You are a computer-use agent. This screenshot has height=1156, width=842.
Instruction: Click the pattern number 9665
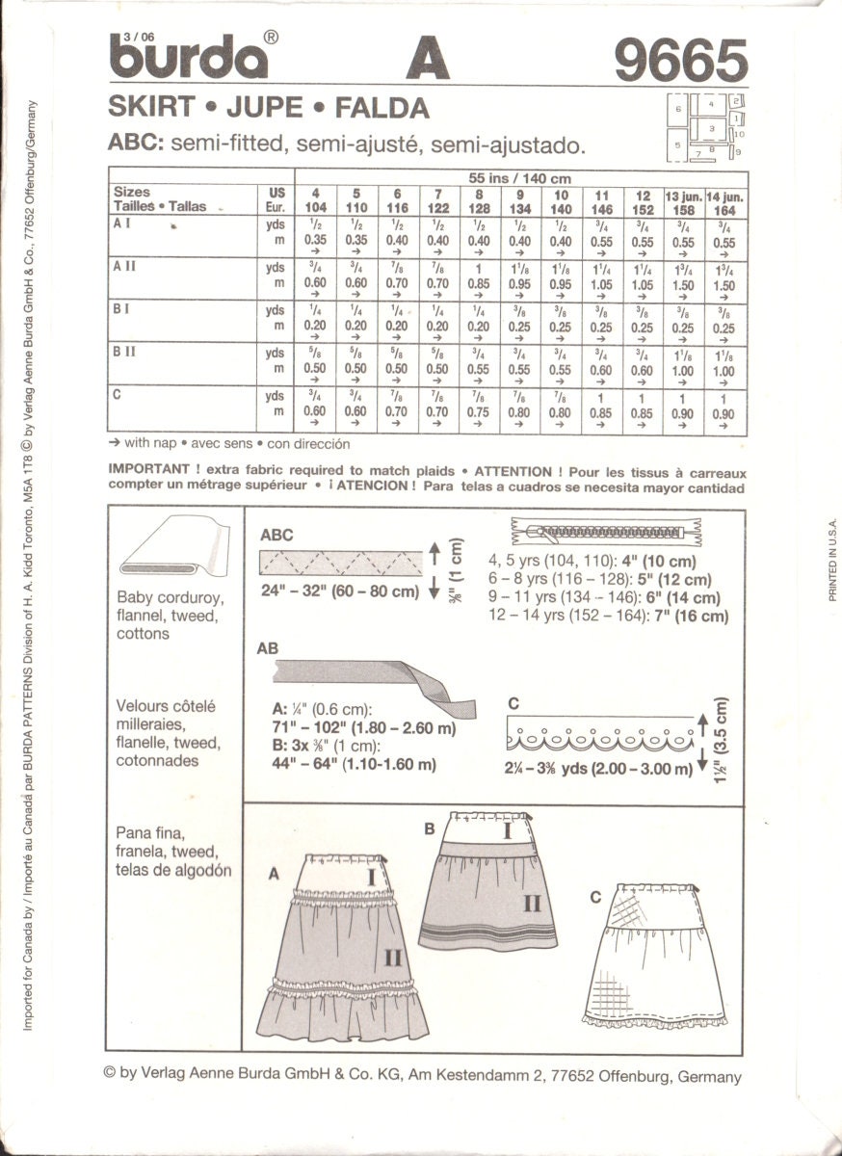(x=680, y=62)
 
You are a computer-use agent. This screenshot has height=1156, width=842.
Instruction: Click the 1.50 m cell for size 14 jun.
(x=724, y=285)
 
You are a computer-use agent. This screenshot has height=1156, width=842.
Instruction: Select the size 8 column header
(x=479, y=201)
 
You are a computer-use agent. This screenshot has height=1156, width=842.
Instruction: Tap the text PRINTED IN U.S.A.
(x=831, y=560)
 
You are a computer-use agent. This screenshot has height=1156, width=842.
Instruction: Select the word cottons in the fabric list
(x=143, y=634)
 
